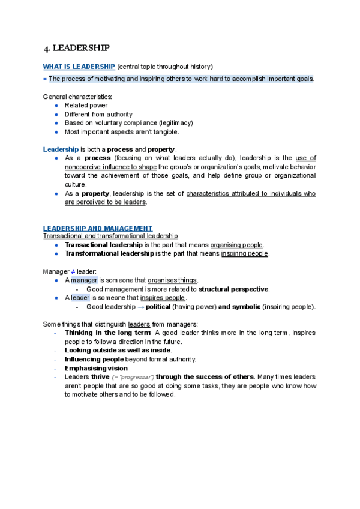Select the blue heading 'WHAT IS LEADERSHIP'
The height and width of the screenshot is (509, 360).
tap(79, 67)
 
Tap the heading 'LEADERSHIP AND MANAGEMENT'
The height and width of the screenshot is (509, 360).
tap(98, 229)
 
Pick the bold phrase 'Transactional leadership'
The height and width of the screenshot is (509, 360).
tap(103, 245)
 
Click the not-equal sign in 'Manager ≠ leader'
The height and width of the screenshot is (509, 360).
tap(74, 271)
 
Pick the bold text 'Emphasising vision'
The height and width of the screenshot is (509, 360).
tap(96, 368)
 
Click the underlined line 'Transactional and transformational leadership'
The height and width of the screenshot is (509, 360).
tap(110, 236)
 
